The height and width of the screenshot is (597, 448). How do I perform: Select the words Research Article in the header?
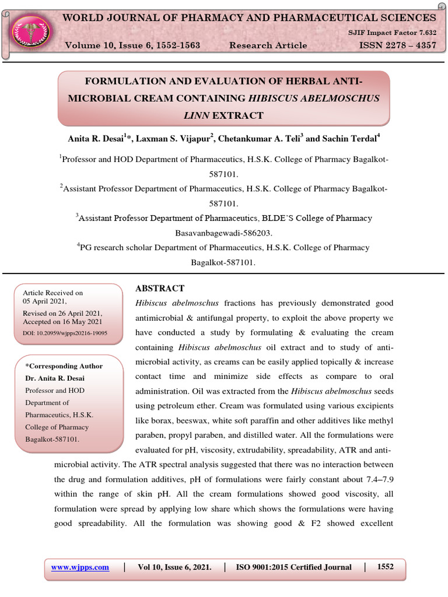pyautogui.click(x=268, y=45)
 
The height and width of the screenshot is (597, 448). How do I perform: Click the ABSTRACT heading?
pyautogui.click(x=160, y=289)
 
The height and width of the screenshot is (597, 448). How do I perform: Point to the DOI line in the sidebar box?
pyautogui.click(x=65, y=334)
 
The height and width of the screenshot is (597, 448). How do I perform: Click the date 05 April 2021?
pyautogui.click(x=45, y=301)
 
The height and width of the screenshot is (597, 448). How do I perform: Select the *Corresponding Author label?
pyautogui.click(x=64, y=366)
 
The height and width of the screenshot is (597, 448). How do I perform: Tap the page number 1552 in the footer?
pyautogui.click(x=386, y=567)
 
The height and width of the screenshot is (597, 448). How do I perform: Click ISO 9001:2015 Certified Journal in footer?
pyautogui.click(x=293, y=567)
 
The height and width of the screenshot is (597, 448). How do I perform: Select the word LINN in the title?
pyautogui.click(x=197, y=115)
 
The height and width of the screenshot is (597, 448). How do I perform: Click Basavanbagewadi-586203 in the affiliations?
pyautogui.click(x=224, y=233)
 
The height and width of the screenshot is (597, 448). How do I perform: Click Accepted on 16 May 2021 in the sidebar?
pyautogui.click(x=62, y=322)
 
